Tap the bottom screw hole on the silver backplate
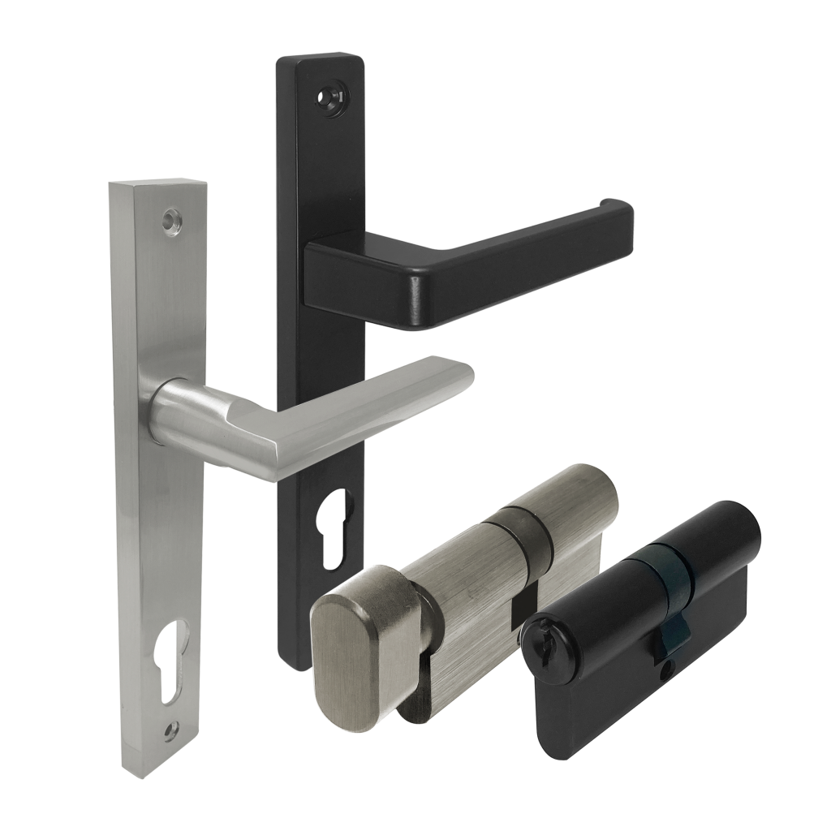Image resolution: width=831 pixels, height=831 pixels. pyautogui.click(x=169, y=730)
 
